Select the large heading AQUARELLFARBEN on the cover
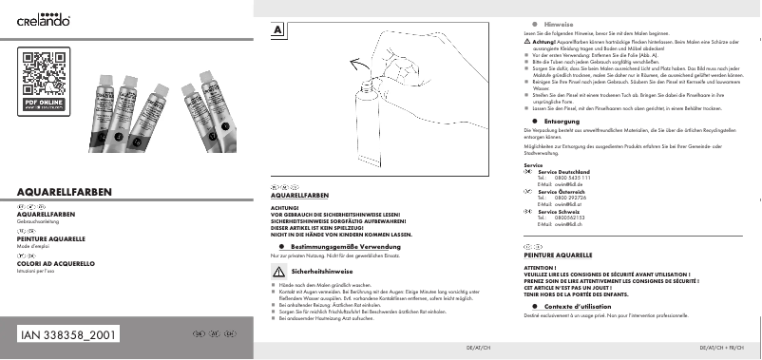tap(65, 193)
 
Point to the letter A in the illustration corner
tap(277, 30)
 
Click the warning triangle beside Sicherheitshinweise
tap(278, 272)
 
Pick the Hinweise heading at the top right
tap(559, 22)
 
